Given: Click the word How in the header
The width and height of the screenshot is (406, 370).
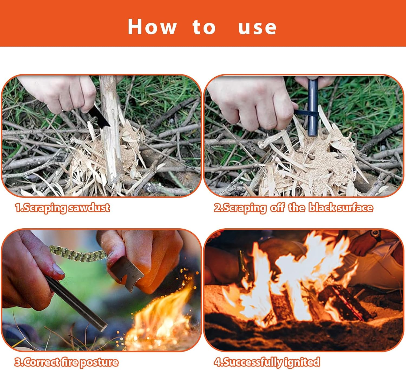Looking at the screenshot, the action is [x=152, y=27].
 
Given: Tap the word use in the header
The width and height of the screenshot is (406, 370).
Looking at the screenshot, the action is [x=257, y=28].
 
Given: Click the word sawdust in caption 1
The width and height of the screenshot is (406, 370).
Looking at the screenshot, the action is [x=89, y=208].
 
